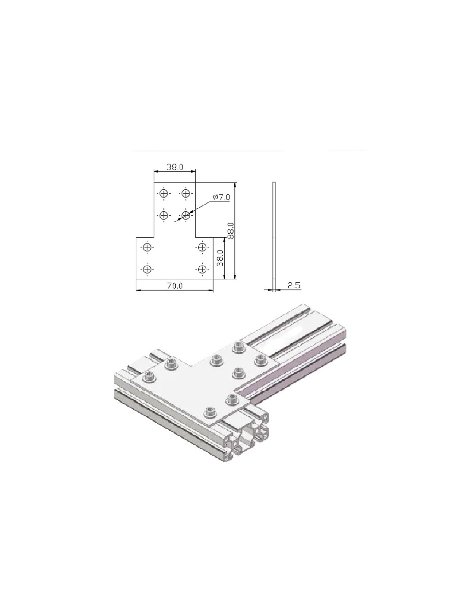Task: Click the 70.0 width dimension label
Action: click(x=174, y=286)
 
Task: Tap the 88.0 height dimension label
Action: click(x=231, y=231)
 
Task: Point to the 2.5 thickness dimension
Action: click(x=294, y=285)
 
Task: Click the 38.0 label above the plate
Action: click(x=174, y=167)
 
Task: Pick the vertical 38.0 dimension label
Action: click(x=220, y=258)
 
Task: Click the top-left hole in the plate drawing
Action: click(x=164, y=194)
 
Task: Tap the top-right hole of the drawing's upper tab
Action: click(x=185, y=194)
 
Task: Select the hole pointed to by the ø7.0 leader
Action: click(x=185, y=216)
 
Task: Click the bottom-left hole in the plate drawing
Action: click(x=147, y=269)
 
